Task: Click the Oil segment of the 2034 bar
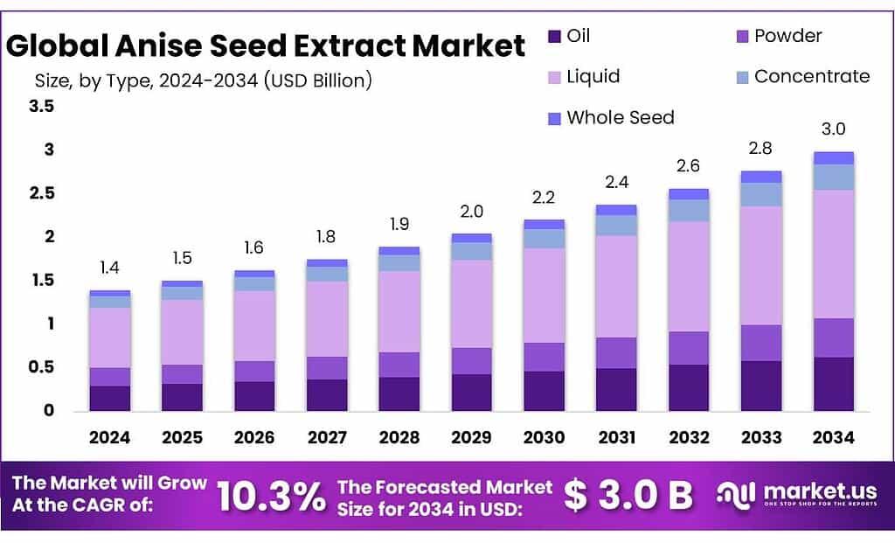pyautogui.click(x=833, y=384)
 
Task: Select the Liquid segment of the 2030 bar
pyautogui.click(x=544, y=295)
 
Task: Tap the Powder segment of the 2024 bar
pyautogui.click(x=109, y=377)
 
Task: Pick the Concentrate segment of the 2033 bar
pyautogui.click(x=760, y=194)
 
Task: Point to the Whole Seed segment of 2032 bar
pyautogui.click(x=689, y=193)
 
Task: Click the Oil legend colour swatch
pyautogui.click(x=554, y=36)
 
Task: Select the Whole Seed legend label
pyautogui.click(x=620, y=117)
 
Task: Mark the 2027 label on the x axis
pyautogui.click(x=327, y=437)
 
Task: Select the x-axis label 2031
pyautogui.click(x=616, y=437)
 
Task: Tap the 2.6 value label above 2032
pyautogui.click(x=689, y=165)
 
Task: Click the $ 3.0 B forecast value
pyautogui.click(x=628, y=496)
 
